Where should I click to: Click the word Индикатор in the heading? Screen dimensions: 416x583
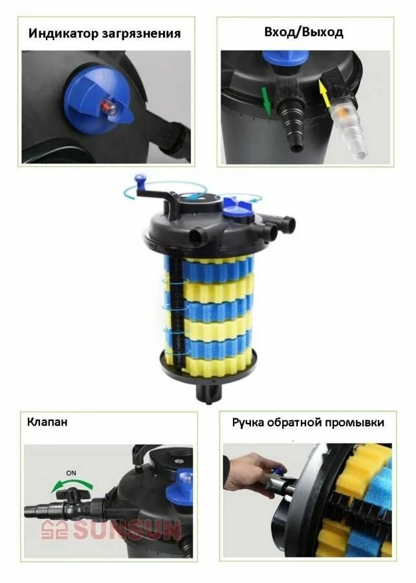63,34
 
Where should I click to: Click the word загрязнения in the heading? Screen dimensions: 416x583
141,34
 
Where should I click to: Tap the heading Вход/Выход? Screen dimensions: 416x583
303,32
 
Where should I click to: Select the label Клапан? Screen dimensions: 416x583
47,422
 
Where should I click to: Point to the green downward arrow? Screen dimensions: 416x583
266,100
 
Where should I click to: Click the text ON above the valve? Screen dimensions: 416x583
71,473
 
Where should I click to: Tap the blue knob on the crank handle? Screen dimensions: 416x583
140,181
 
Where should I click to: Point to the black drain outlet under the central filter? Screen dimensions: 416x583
208,394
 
